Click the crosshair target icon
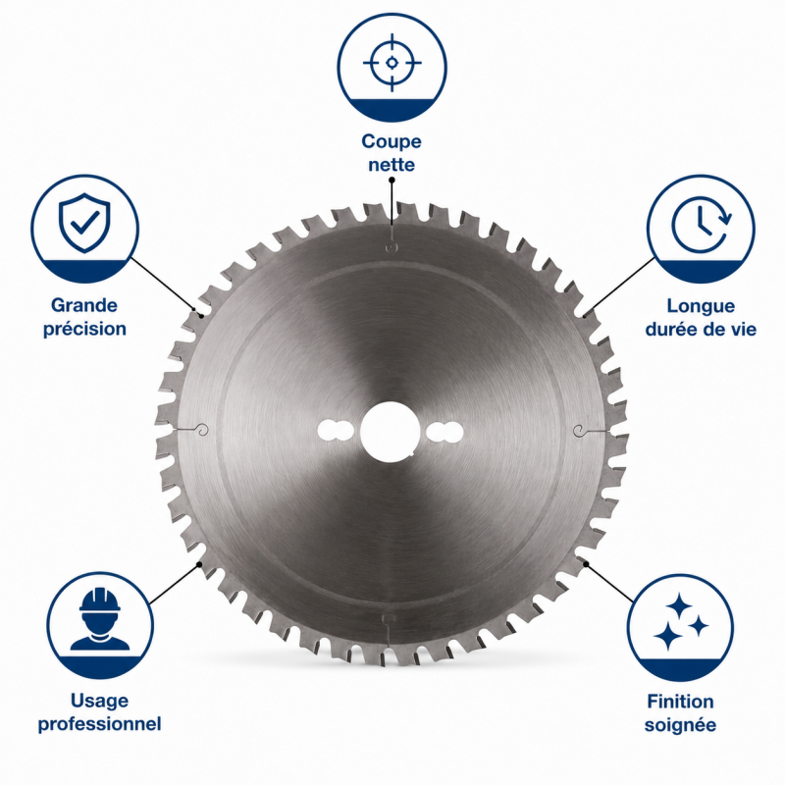(392, 63)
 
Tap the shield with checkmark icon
(84, 223)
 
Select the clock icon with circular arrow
(701, 224)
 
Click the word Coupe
(392, 141)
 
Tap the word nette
(392, 165)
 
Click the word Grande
(84, 305)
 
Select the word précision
(84, 329)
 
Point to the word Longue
(701, 306)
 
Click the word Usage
(100, 701)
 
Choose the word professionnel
(100, 724)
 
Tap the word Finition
(680, 702)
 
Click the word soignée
(680, 725)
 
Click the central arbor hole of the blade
(390, 432)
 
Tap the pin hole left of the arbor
(336, 432)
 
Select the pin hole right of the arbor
(445, 432)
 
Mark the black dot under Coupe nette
(392, 180)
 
